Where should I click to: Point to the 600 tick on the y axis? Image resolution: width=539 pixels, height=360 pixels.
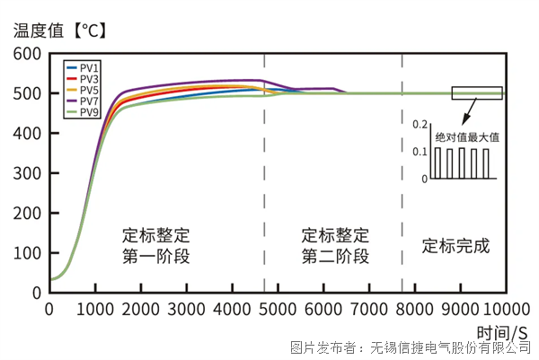coord(28,54)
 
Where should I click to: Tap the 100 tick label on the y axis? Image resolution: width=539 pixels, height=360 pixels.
coord(28,252)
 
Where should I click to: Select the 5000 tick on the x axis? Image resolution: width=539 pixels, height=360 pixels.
coord(278,309)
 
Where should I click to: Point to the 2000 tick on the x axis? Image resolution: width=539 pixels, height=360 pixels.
coord(141,309)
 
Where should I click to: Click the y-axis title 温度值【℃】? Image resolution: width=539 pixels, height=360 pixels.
coord(60,30)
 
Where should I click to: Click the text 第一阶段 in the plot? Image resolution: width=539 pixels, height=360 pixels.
coord(156,257)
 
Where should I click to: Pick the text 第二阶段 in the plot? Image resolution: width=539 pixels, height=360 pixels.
coord(335,257)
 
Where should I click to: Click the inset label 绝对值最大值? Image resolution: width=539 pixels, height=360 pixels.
coord(466,137)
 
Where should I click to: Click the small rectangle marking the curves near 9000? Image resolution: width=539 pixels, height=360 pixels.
coord(476,93)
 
